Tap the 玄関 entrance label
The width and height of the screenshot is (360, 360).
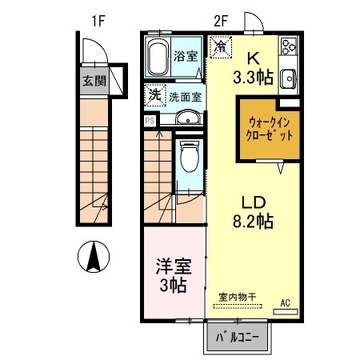click(x=90, y=80)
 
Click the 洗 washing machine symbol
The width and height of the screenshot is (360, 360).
click(x=154, y=95)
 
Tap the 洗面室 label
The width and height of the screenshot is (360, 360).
click(x=185, y=97)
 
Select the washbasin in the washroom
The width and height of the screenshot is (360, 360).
click(x=188, y=119)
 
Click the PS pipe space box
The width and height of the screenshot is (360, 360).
click(x=150, y=120)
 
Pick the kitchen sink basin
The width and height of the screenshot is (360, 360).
click(x=288, y=78)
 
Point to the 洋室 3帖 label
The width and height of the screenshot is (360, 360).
click(x=173, y=273)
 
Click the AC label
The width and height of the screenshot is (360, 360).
click(x=285, y=303)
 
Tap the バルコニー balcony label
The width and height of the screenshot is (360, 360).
click(x=238, y=338)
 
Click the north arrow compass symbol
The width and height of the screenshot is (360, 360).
click(x=94, y=257)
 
